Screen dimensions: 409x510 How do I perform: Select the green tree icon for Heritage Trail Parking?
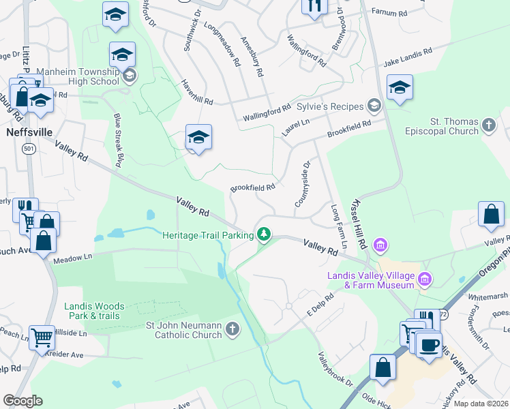pyautogui.click(x=264, y=235)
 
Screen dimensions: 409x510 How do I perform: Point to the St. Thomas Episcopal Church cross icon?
pyautogui.click(x=488, y=125)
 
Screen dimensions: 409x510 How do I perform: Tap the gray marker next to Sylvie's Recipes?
pyautogui.click(x=374, y=106)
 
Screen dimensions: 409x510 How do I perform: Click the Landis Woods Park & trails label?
pyautogui.click(x=92, y=311)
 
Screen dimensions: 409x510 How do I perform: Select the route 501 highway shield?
pyautogui.click(x=28, y=148)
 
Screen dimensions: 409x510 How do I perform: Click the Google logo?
pyautogui.click(x=22, y=401)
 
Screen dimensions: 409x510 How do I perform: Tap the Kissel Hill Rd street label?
pyautogui.click(x=359, y=224)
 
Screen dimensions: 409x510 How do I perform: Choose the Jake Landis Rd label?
pyautogui.click(x=408, y=57)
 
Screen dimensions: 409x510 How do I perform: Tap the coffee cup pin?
pyautogui.click(x=429, y=345)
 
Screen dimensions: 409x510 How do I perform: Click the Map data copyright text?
pyautogui.click(x=480, y=404)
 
